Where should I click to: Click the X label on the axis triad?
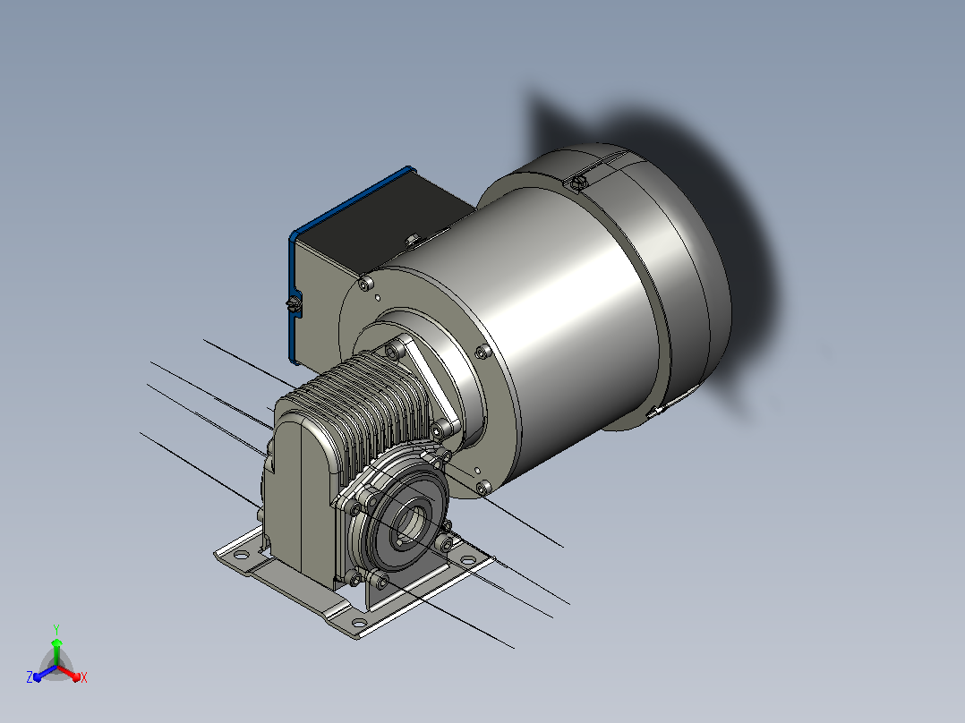click(84, 677)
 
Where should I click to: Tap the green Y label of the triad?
click(56, 629)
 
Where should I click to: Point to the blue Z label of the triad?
click(30, 676)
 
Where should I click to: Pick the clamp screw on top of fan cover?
click(578, 182)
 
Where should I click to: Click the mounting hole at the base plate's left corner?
click(242, 555)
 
